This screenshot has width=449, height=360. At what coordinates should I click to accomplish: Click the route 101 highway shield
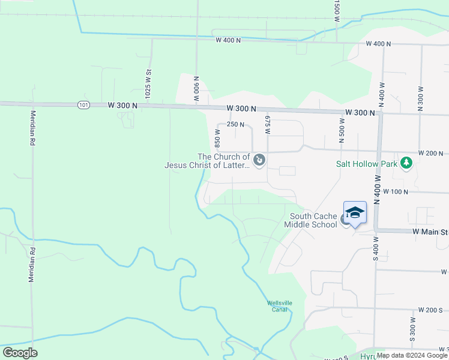83,105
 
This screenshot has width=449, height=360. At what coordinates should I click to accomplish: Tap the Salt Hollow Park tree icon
406,163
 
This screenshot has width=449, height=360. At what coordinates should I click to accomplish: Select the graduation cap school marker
355,212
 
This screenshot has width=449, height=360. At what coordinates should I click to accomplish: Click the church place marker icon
259,160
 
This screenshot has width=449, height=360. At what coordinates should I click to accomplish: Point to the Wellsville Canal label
280,306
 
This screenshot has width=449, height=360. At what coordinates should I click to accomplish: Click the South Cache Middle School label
313,221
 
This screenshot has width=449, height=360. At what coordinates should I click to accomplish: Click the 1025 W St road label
147,84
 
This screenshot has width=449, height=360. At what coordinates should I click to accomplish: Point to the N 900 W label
196,88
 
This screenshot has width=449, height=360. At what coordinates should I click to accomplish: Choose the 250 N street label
235,125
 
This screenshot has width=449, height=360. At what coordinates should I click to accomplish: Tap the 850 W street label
218,140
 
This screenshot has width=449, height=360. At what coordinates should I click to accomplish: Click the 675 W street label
268,125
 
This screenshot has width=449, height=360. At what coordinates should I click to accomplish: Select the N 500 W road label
342,131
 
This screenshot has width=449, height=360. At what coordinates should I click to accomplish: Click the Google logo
20,353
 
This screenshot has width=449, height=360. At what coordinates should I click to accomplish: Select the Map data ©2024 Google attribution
412,355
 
